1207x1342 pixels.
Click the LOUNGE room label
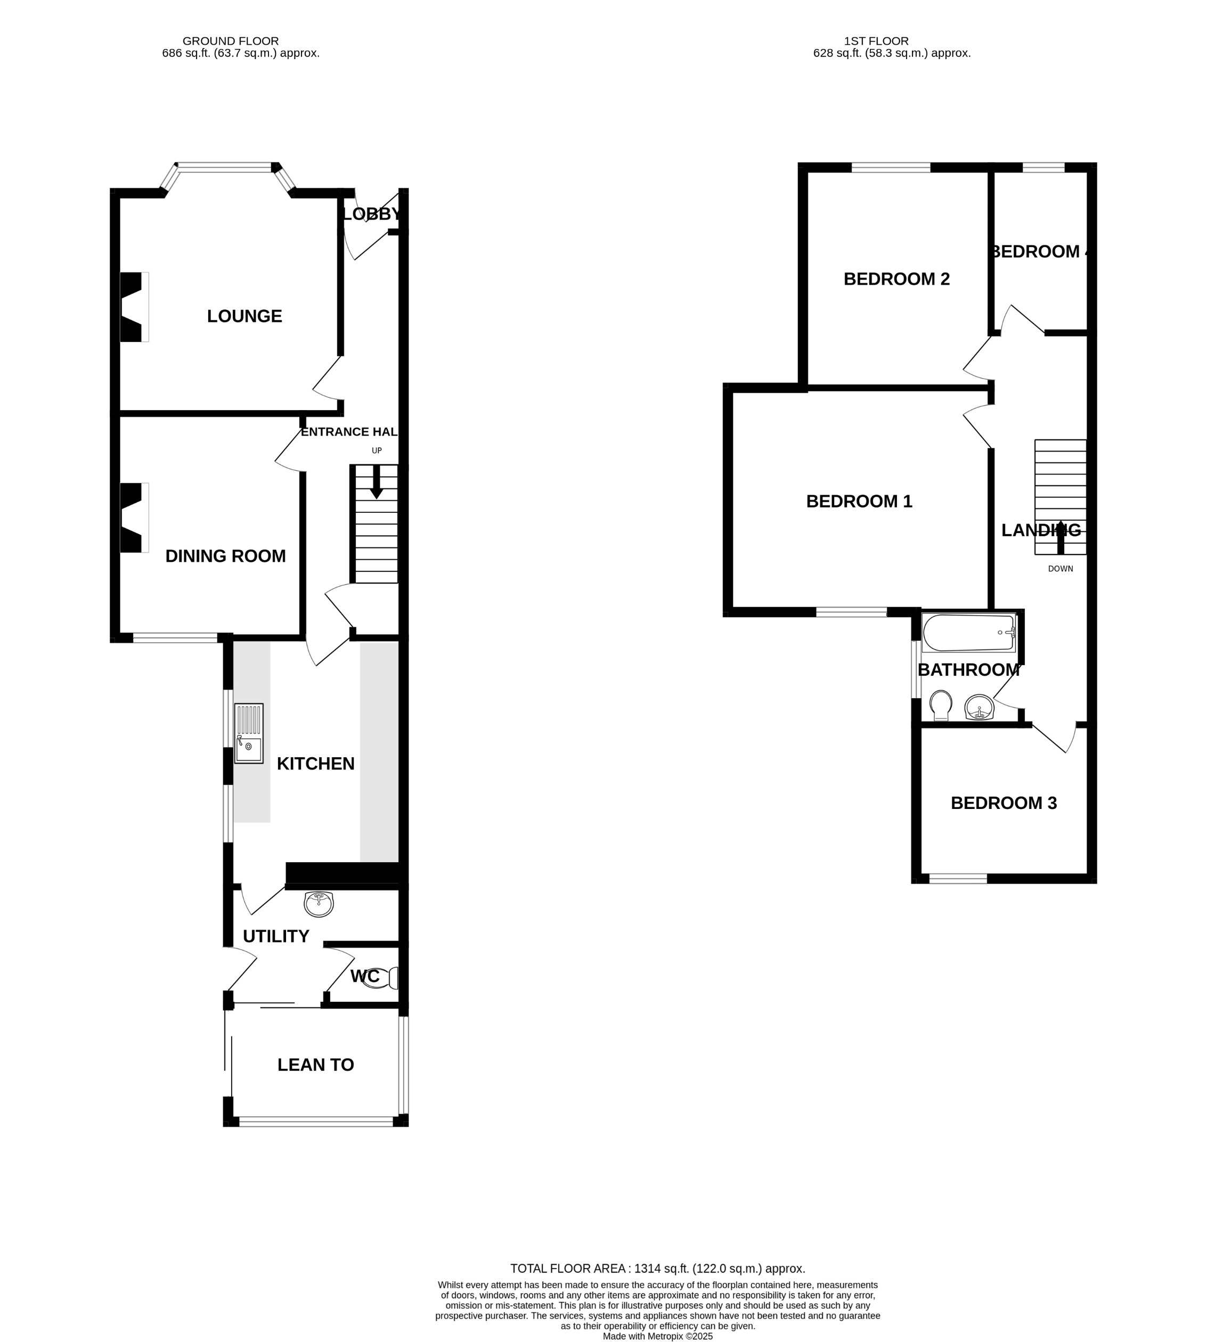tap(244, 316)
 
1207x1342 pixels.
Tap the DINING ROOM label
tap(225, 557)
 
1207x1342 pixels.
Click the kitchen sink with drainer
tap(249, 733)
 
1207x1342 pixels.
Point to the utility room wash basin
tap(319, 904)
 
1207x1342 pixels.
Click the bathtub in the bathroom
tap(968, 633)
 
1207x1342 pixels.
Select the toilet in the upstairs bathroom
tap(940, 705)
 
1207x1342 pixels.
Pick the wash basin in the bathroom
tap(979, 707)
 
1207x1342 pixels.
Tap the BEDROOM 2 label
tap(896, 279)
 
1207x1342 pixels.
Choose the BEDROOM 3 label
tap(1004, 803)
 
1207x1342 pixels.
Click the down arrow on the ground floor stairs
tap(376, 482)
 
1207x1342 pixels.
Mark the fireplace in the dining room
tap(133, 517)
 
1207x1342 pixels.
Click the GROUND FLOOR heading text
tap(230, 41)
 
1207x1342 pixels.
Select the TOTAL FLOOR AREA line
tap(657, 1269)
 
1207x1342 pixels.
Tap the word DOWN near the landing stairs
tap(1060, 569)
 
